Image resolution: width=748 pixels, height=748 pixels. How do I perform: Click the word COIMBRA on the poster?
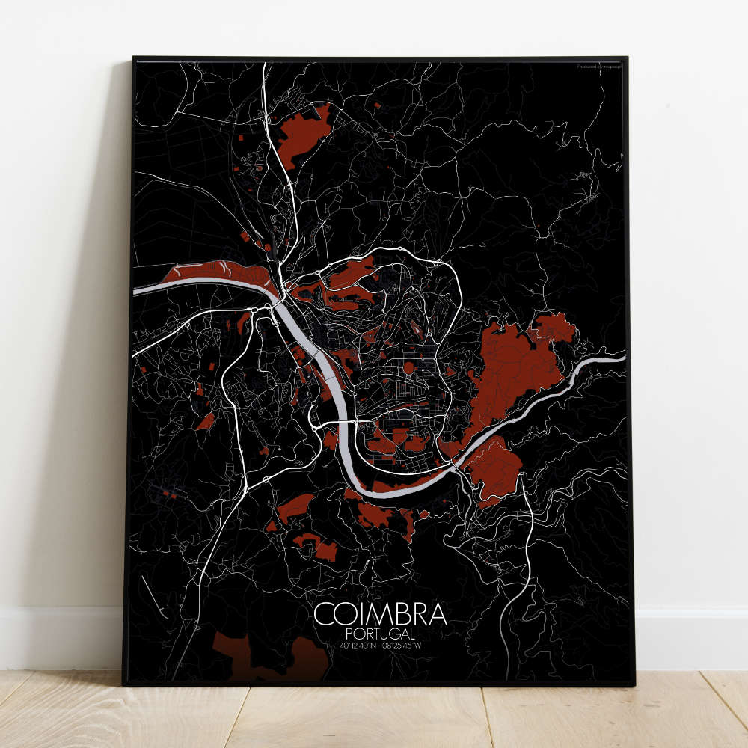pyautogui.click(x=381, y=614)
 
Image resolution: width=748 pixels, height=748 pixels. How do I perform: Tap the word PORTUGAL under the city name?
pyautogui.click(x=381, y=634)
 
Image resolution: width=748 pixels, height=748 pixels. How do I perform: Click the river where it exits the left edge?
pyautogui.click(x=138, y=290)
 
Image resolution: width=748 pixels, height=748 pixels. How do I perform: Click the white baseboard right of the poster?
pyautogui.click(x=688, y=636)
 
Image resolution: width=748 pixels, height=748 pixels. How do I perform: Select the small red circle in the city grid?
pyautogui.click(x=408, y=367)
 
